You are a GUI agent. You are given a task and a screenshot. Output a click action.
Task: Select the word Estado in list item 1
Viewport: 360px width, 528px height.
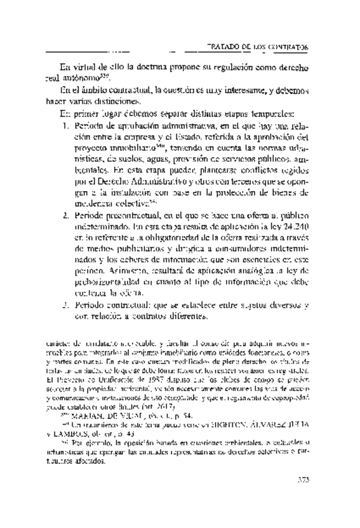168,138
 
